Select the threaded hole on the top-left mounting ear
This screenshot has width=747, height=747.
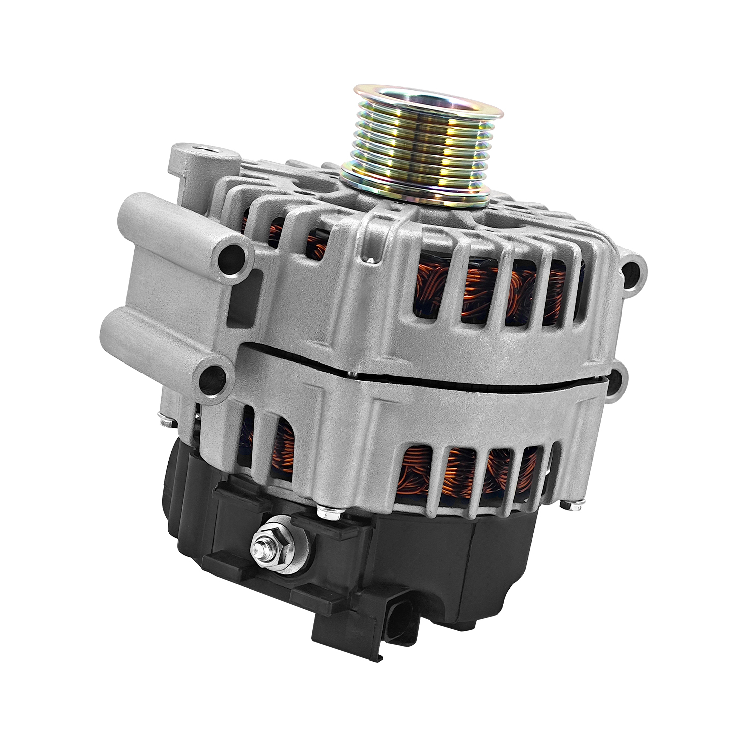click(205, 148)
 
